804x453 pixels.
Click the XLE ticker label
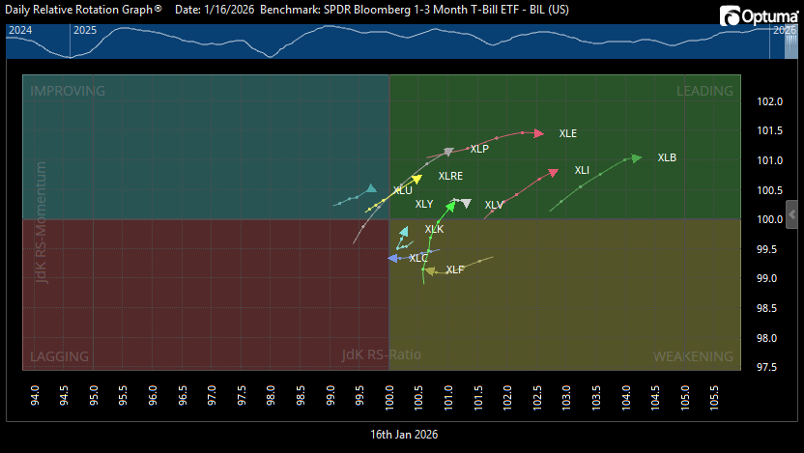[567, 133]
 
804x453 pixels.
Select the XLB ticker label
[667, 157]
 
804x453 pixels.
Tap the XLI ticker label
[582, 171]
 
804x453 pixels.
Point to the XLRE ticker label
[450, 177]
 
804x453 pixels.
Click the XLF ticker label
[455, 269]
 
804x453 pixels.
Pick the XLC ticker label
[417, 258]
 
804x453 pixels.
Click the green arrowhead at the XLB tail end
[636, 157]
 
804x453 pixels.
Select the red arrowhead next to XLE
[538, 133]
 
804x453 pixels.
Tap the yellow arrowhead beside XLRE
[416, 179]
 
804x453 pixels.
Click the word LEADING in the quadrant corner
[704, 91]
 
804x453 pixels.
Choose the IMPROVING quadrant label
[68, 91]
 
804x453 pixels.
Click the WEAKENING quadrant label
[693, 356]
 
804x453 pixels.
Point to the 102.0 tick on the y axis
[769, 101]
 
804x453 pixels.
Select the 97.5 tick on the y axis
[769, 367]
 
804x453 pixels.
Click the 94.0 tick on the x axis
[36, 395]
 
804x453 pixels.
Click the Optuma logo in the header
[756, 16]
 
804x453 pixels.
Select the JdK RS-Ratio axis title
[381, 355]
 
